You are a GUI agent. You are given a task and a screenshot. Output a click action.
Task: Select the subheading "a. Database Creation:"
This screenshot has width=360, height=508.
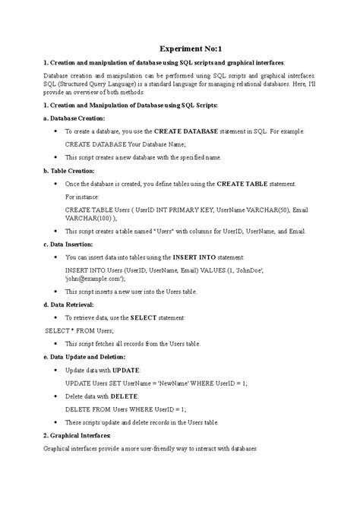[75, 118]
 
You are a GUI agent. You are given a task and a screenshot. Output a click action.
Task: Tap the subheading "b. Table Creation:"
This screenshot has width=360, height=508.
[70, 171]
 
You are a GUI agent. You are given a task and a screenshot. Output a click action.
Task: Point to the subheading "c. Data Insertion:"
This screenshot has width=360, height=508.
[69, 245]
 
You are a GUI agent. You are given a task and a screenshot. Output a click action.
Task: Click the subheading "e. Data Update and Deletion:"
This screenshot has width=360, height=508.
[85, 357]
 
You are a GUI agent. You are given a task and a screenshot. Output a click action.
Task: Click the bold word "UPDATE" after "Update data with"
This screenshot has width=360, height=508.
[125, 370]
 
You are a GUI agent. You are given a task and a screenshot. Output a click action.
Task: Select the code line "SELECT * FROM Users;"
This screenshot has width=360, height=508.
[80, 331]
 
